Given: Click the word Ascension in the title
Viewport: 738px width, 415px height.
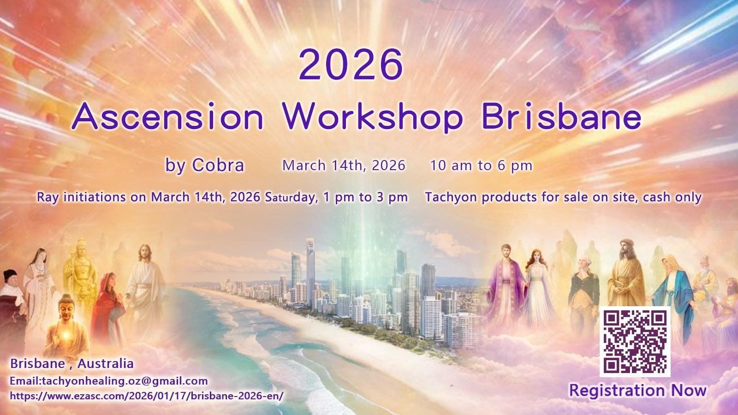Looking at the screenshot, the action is coord(168,116).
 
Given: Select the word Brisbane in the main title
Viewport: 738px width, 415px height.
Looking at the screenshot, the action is coord(561,116).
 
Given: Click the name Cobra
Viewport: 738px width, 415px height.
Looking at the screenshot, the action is coord(218,165).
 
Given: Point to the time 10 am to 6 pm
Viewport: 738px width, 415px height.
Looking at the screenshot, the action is coord(482,166).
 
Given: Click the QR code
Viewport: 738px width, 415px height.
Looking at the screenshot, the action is coord(635,342).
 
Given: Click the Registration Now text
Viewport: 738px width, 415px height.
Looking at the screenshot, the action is coord(638,390).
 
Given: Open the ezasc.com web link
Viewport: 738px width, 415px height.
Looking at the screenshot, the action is coord(147,396).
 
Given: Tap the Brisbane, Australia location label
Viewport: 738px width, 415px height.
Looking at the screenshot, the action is coord(72,364).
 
